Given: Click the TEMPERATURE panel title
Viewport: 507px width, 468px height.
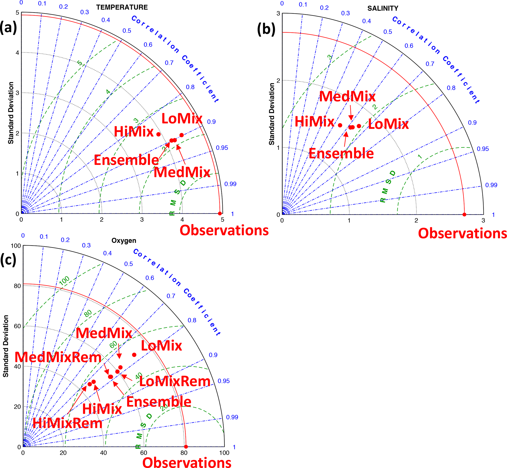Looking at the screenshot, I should [122, 7].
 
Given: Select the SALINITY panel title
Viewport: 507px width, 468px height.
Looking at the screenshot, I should [383, 8].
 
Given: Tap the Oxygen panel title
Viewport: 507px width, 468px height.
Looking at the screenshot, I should [124, 240].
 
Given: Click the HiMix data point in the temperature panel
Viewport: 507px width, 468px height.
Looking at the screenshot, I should [158, 134].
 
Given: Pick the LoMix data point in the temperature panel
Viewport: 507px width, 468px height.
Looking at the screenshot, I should [182, 135].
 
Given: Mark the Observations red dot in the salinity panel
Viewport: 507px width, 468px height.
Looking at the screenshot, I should [464, 214].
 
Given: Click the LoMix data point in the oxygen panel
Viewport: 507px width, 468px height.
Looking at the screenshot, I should [134, 355].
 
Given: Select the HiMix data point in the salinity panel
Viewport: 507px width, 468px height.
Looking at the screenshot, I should [340, 125].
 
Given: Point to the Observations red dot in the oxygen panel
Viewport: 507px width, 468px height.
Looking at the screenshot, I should [186, 447].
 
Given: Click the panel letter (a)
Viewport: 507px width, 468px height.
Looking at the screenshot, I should [8, 27].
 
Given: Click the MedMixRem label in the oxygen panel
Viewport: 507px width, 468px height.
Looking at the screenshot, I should [58, 357].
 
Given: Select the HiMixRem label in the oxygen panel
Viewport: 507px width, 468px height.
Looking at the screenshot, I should [67, 423].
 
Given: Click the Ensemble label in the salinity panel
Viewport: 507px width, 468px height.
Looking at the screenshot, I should [341, 154].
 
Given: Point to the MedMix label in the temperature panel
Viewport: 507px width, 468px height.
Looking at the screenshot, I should [182, 172].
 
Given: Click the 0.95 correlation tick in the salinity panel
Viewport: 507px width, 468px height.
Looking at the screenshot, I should [483, 149].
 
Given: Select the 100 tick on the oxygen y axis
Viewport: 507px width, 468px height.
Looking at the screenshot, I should [16, 246].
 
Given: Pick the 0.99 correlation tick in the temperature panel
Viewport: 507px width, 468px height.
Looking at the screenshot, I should [230, 184].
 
